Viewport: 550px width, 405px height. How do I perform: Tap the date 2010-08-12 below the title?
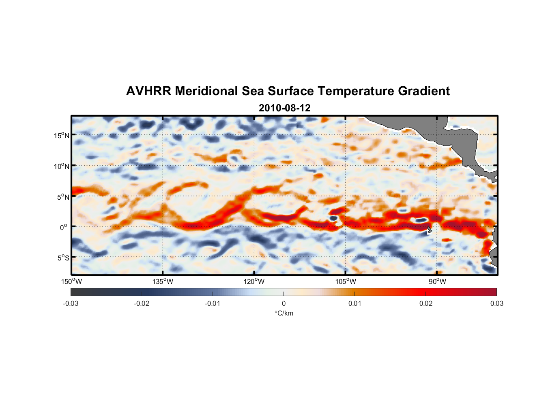(x=284, y=108)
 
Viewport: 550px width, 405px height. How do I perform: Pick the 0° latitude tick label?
(x=64, y=227)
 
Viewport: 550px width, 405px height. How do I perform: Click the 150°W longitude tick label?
(x=72, y=281)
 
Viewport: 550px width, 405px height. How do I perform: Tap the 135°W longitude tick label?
(x=163, y=281)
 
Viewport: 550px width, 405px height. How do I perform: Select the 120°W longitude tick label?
(x=254, y=281)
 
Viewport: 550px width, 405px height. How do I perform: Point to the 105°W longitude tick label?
(x=346, y=281)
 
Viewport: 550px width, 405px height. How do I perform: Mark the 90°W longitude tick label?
(x=437, y=281)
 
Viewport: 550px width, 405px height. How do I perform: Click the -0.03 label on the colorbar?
(x=71, y=303)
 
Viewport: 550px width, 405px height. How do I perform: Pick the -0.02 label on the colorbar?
(x=142, y=303)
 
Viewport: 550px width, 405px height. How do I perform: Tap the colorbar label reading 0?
(x=284, y=303)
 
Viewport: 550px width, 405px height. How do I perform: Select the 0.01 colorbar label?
(x=354, y=303)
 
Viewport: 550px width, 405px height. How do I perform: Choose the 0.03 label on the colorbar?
(x=496, y=303)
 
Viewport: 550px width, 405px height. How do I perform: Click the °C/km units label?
(x=284, y=313)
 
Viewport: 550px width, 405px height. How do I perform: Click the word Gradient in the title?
(x=423, y=91)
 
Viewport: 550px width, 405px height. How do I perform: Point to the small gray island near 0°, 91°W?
(x=429, y=230)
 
